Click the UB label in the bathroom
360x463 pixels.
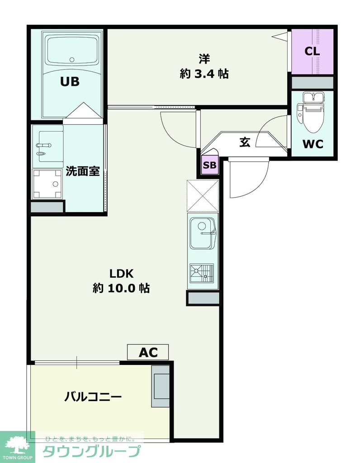pos(70,82)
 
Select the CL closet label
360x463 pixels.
pos(312,51)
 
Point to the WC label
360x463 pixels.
pos(313,144)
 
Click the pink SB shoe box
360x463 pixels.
pos(209,165)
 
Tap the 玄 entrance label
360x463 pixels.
pos(245,142)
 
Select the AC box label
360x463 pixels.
pos(148,352)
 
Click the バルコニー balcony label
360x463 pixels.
pos(93,397)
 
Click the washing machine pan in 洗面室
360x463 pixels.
pos(47,184)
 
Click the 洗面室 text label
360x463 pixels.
pos(83,171)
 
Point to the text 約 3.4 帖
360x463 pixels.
pos(204,74)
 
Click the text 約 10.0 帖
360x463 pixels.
pos(121,288)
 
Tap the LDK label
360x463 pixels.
pos(121,274)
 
